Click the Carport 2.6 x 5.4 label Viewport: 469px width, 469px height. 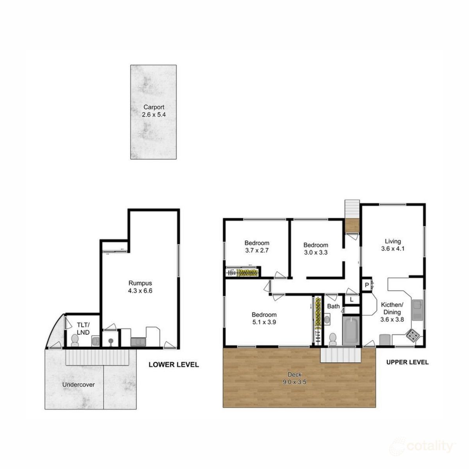tap(153, 111)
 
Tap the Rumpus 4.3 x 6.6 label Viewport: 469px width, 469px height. tap(140, 287)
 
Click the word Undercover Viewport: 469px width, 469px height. tap(79, 385)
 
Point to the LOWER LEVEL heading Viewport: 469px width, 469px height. tap(174, 365)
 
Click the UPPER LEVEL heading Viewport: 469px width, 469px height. tap(407, 362)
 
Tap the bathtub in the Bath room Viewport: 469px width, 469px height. tap(351, 331)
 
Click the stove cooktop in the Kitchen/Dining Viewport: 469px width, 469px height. tap(412, 335)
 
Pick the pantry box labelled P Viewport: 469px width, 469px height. tap(367, 285)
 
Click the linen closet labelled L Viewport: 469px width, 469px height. tap(352, 300)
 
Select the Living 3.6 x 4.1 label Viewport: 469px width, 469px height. tap(392, 245)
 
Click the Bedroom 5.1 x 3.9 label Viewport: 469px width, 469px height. tap(264, 319)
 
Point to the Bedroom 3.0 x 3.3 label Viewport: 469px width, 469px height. tap(315, 249)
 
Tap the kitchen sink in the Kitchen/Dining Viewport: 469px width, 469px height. tap(418, 309)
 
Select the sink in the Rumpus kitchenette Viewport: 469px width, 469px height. tap(138, 342)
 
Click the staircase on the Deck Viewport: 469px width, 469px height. tap(340, 355)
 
